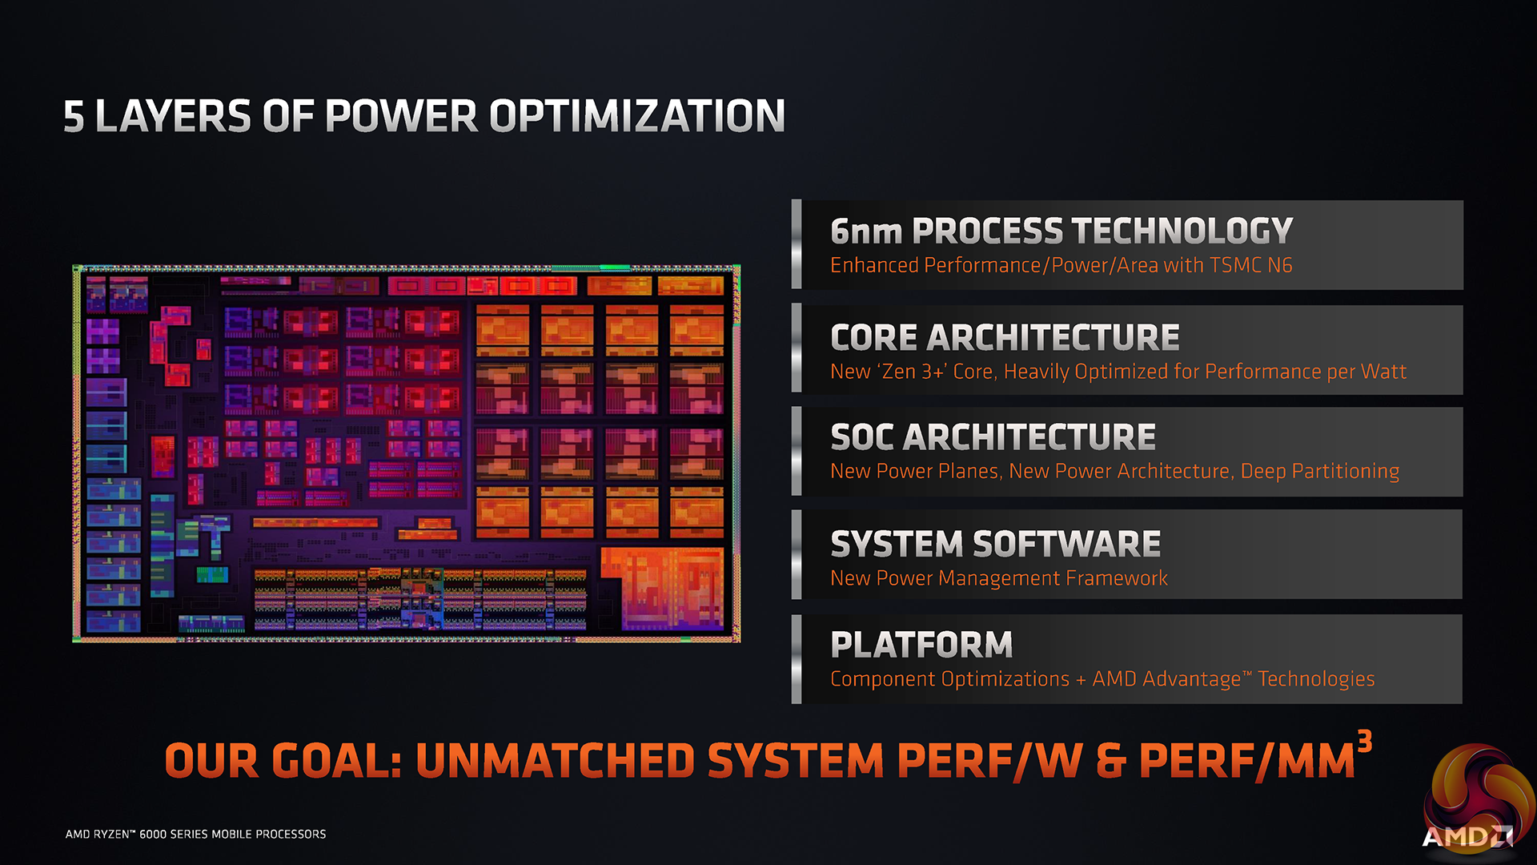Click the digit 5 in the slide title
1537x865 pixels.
click(74, 117)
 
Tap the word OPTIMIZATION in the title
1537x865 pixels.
click(636, 117)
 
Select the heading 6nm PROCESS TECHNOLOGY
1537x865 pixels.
click(1061, 231)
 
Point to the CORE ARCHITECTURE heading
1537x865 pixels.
click(1005, 338)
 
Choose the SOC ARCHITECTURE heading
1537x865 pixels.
click(993, 437)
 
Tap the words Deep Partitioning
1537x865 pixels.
click(1320, 472)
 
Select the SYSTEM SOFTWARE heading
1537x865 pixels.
click(995, 545)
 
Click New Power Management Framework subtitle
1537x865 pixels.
click(999, 578)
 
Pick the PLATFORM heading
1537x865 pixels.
click(921, 645)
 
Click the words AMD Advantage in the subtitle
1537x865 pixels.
click(1166, 679)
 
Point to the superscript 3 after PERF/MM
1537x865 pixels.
click(1365, 742)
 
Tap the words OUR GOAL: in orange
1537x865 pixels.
click(283, 761)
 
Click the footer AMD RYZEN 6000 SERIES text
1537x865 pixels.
click(195, 835)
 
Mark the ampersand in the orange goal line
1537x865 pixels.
click(1110, 761)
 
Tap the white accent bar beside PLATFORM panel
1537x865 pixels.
click(797, 659)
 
